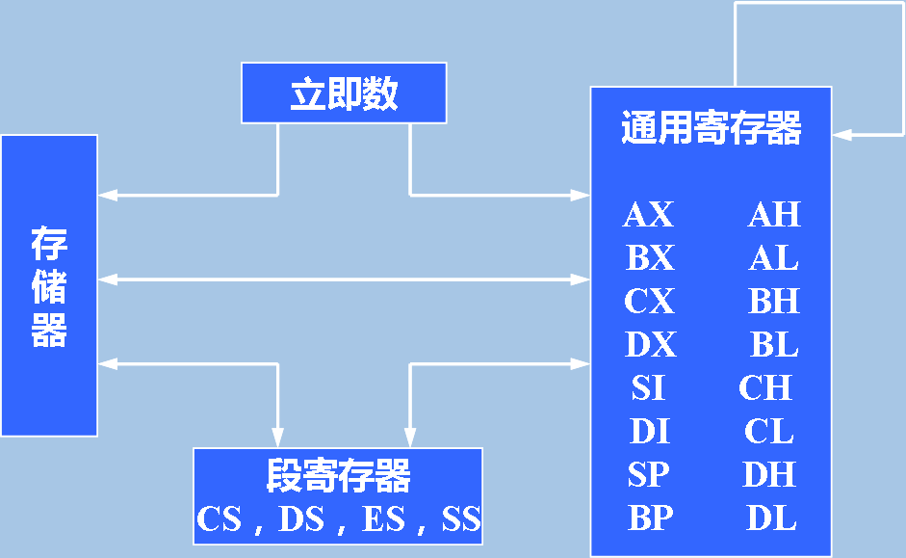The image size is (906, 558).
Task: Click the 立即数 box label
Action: click(x=344, y=93)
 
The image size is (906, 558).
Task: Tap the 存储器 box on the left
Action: click(x=49, y=286)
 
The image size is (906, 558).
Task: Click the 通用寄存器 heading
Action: click(x=711, y=127)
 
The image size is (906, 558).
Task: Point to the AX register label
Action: click(x=648, y=215)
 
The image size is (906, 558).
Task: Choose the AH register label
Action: click(x=774, y=215)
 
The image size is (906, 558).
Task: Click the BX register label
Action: click(x=650, y=258)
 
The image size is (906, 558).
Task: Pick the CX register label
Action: click(x=649, y=302)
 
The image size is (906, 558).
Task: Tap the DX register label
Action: click(x=650, y=345)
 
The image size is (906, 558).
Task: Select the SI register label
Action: click(x=648, y=388)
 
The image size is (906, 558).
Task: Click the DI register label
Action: click(x=649, y=432)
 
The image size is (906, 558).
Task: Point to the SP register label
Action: click(x=649, y=475)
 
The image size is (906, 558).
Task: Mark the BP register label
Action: click(x=650, y=518)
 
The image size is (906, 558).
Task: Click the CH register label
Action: click(x=765, y=388)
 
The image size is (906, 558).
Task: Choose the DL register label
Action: click(x=771, y=518)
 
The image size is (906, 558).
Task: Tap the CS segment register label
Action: click(x=219, y=519)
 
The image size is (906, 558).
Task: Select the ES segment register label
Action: click(x=383, y=519)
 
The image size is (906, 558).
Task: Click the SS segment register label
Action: click(x=461, y=519)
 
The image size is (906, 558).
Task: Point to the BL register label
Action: click(x=774, y=345)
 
